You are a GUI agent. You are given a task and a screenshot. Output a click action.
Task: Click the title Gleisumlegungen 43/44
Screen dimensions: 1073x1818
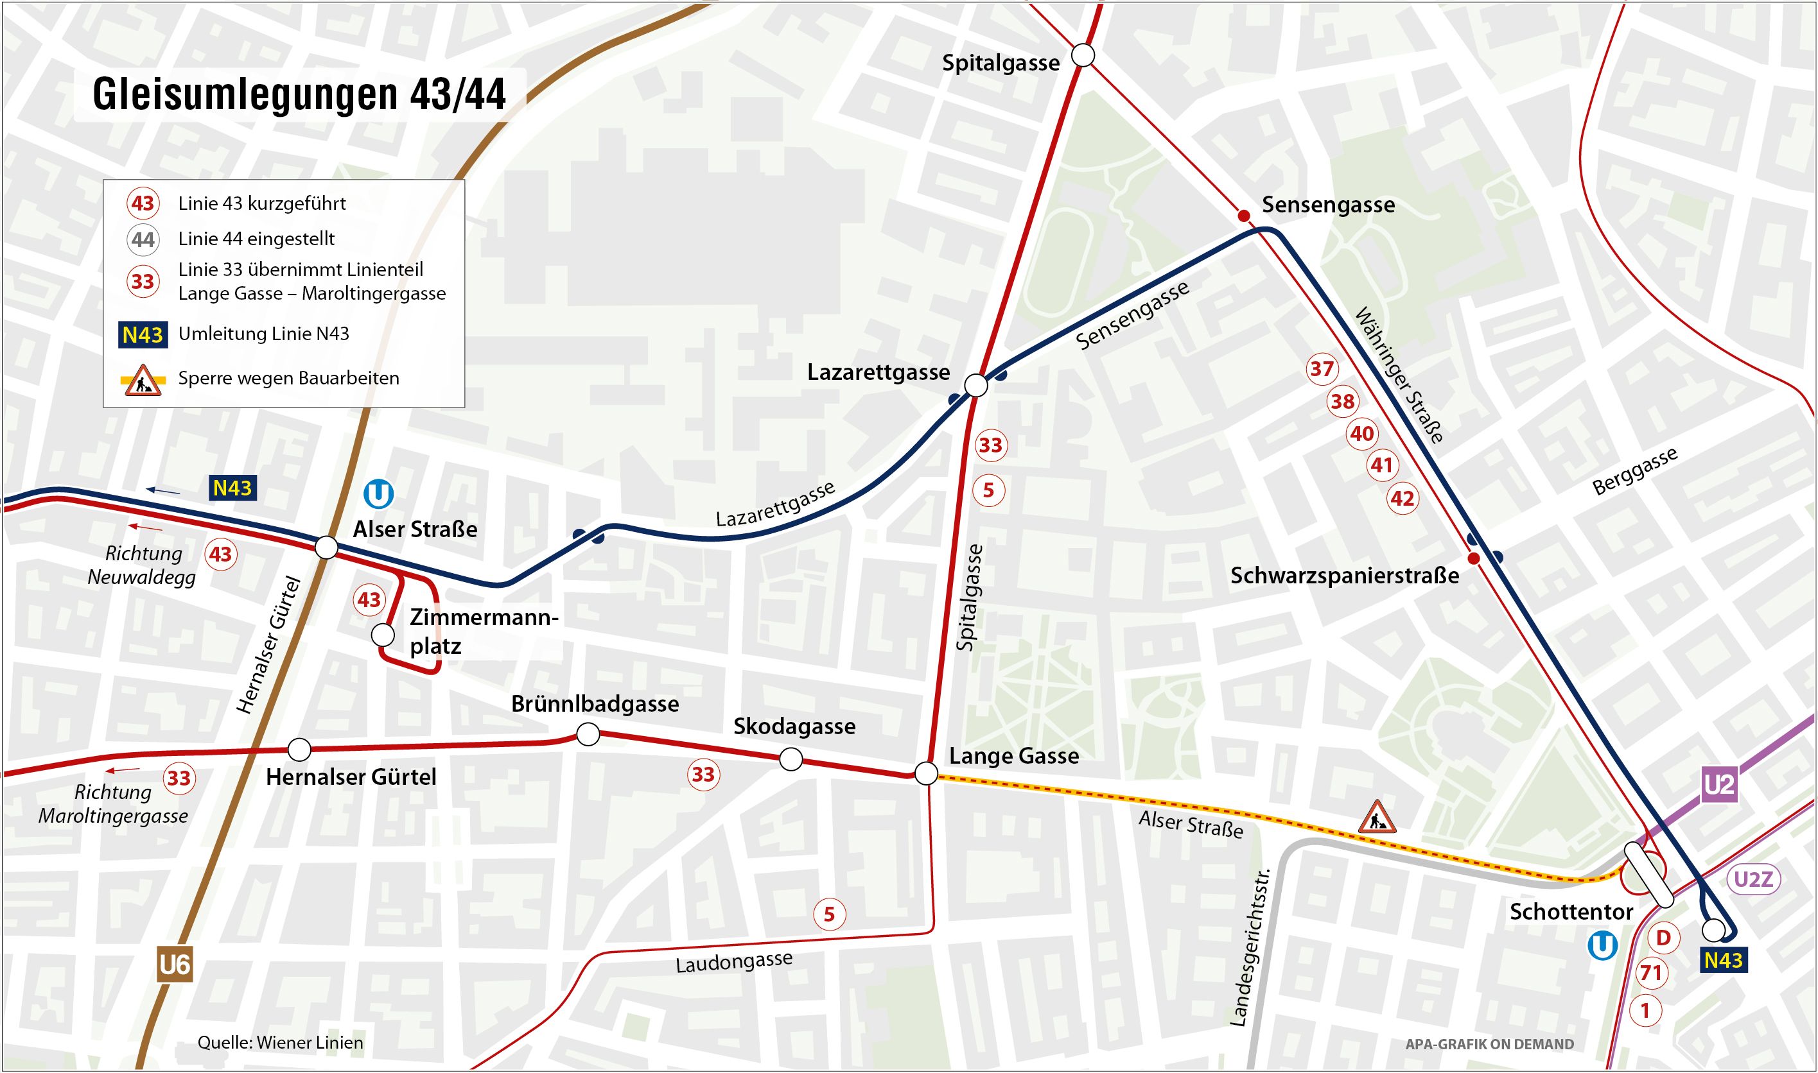299,94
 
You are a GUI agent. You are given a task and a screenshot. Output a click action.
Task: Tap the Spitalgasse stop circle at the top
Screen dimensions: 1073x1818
1082,55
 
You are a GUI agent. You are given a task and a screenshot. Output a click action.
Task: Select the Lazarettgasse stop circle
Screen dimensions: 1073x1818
976,384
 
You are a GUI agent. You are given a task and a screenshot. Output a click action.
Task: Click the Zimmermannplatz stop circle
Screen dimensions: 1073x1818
383,635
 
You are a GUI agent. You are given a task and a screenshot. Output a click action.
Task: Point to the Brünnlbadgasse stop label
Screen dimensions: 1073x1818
595,703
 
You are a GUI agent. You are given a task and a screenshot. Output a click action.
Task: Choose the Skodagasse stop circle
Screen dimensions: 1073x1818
791,759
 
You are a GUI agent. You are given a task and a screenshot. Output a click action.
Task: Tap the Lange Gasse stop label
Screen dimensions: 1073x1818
1013,757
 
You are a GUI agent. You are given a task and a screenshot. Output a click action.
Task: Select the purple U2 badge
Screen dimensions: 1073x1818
1719,784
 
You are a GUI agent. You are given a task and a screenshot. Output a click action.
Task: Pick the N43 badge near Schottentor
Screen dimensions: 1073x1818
1723,960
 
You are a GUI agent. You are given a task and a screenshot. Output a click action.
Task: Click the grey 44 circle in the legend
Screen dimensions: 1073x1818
143,239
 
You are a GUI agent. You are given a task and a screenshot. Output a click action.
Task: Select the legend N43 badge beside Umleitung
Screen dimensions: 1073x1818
143,335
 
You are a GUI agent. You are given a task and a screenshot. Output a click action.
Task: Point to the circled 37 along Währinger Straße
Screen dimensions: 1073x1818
1322,369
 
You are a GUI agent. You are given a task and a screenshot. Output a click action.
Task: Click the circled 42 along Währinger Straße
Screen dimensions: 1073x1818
1402,498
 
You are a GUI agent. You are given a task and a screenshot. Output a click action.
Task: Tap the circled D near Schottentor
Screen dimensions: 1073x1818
1663,938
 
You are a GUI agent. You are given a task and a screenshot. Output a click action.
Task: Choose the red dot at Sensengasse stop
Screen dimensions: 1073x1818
1244,216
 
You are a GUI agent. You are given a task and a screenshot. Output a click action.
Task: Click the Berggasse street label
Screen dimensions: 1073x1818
1635,472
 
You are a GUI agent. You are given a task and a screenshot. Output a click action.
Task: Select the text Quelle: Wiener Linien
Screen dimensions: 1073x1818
280,1042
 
